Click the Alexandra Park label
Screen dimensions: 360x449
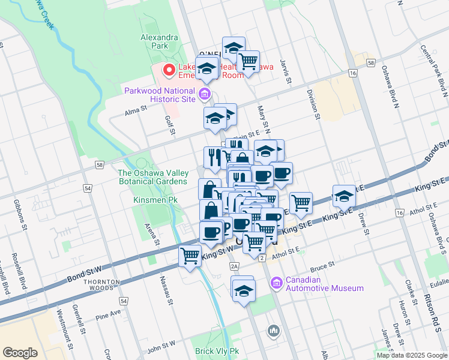click(x=159, y=41)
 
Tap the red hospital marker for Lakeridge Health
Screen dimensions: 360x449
click(x=169, y=71)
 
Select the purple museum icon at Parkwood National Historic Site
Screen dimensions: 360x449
click(x=205, y=93)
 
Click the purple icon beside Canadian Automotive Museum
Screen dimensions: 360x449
click(x=276, y=283)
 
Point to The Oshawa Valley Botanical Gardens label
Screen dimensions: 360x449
click(x=152, y=177)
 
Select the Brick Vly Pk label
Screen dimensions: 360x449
click(x=217, y=351)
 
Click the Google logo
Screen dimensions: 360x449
click(x=20, y=352)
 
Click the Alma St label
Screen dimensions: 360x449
click(x=136, y=110)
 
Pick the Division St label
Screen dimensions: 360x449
click(x=311, y=103)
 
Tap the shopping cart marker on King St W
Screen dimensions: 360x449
click(x=190, y=256)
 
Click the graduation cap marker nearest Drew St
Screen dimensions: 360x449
click(x=344, y=197)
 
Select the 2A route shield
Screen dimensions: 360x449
click(x=234, y=266)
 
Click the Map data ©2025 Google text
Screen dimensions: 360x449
click(x=411, y=355)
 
